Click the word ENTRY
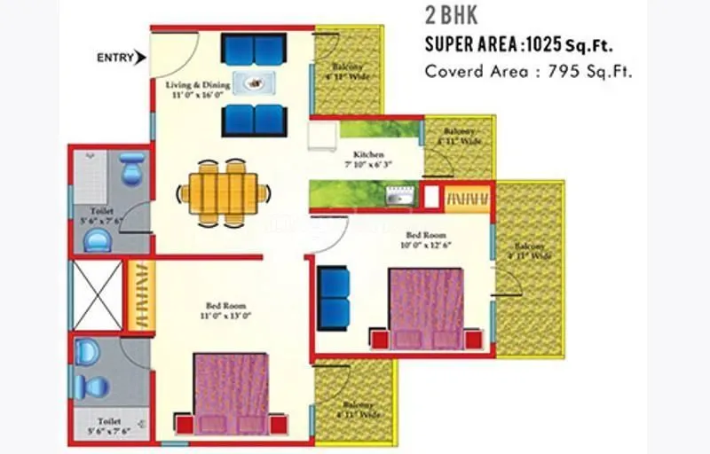pos(114,59)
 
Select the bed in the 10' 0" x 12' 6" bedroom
pos(426,307)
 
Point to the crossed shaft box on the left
pos(97,296)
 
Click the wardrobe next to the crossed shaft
pos(140,296)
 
